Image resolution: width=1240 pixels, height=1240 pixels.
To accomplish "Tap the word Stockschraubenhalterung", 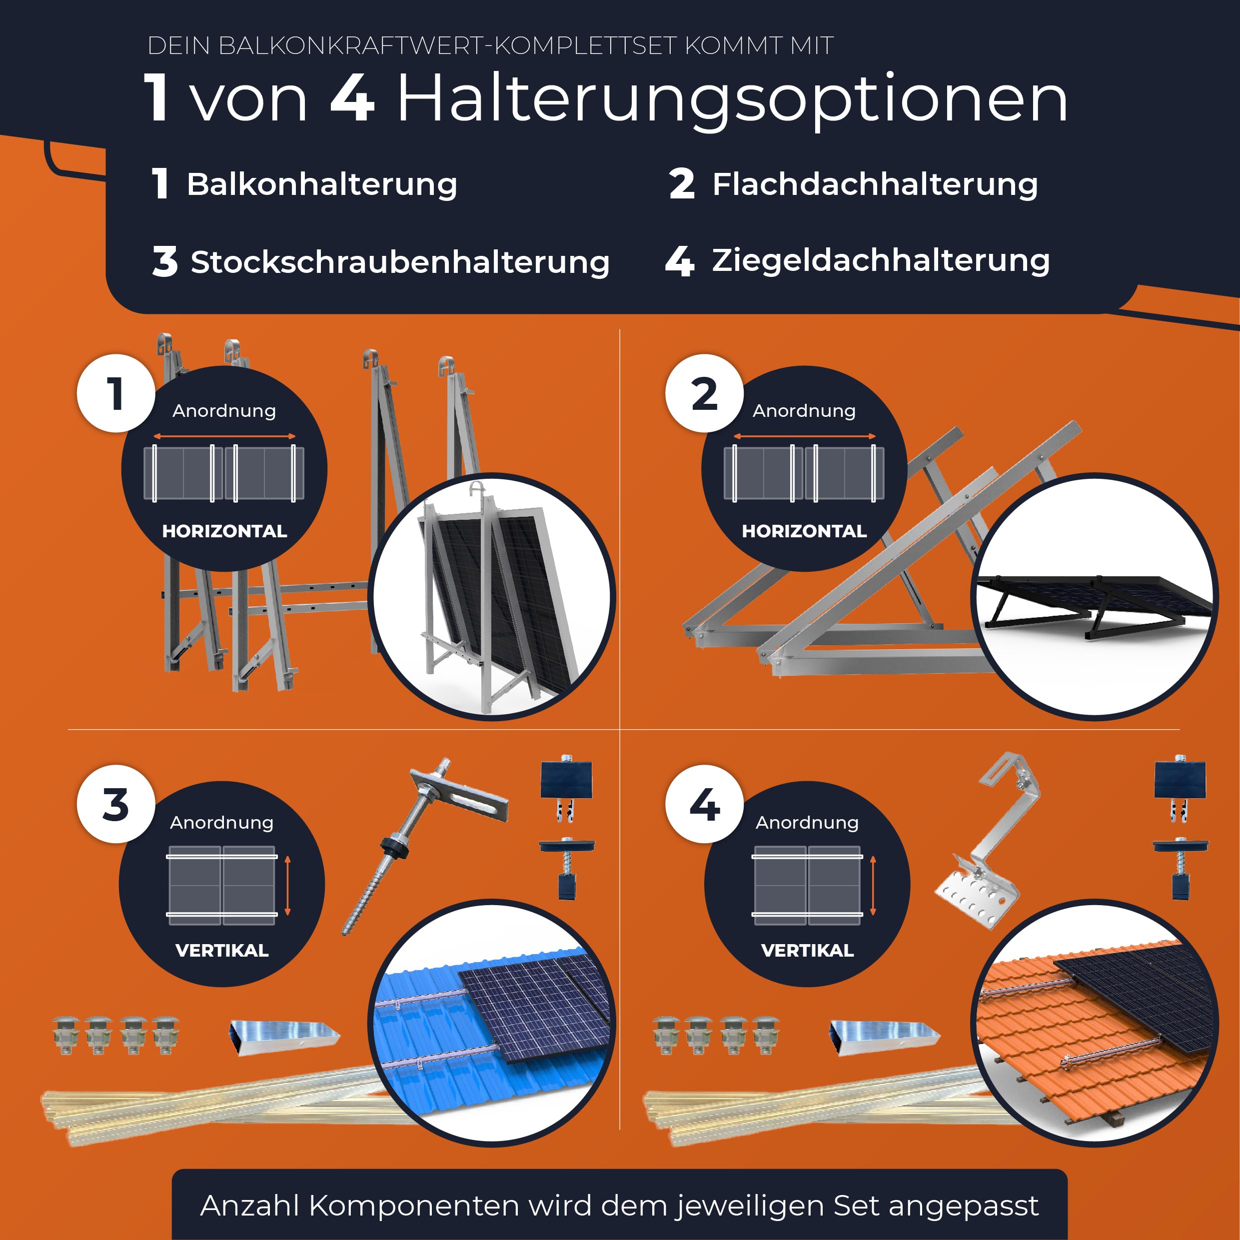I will pyautogui.click(x=399, y=262).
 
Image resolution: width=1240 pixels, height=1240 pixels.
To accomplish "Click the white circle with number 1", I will pyautogui.click(x=115, y=393).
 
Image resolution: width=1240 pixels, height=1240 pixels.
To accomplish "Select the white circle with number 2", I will pyautogui.click(x=704, y=393).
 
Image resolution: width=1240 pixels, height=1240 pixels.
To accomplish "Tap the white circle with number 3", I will pyautogui.click(x=115, y=804).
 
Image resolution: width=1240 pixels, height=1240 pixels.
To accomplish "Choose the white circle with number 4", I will pyautogui.click(x=704, y=804).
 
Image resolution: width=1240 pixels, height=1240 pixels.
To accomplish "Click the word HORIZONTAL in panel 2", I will pyautogui.click(x=804, y=531).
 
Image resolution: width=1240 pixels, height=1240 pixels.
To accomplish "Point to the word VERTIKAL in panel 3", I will pyautogui.click(x=221, y=951).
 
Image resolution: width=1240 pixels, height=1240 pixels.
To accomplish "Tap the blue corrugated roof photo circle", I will pyautogui.click(x=491, y=1024).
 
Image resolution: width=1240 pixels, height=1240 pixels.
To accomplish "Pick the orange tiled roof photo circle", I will pyautogui.click(x=1094, y=1024).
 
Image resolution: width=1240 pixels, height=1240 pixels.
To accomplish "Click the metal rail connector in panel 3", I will pyautogui.click(x=284, y=1035).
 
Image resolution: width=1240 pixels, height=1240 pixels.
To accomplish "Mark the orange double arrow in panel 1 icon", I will pyautogui.click(x=224, y=436).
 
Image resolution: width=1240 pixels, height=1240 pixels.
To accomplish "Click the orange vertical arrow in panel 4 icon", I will pyautogui.click(x=873, y=886).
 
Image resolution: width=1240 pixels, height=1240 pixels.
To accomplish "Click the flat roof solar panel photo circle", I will pyautogui.click(x=1094, y=597).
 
